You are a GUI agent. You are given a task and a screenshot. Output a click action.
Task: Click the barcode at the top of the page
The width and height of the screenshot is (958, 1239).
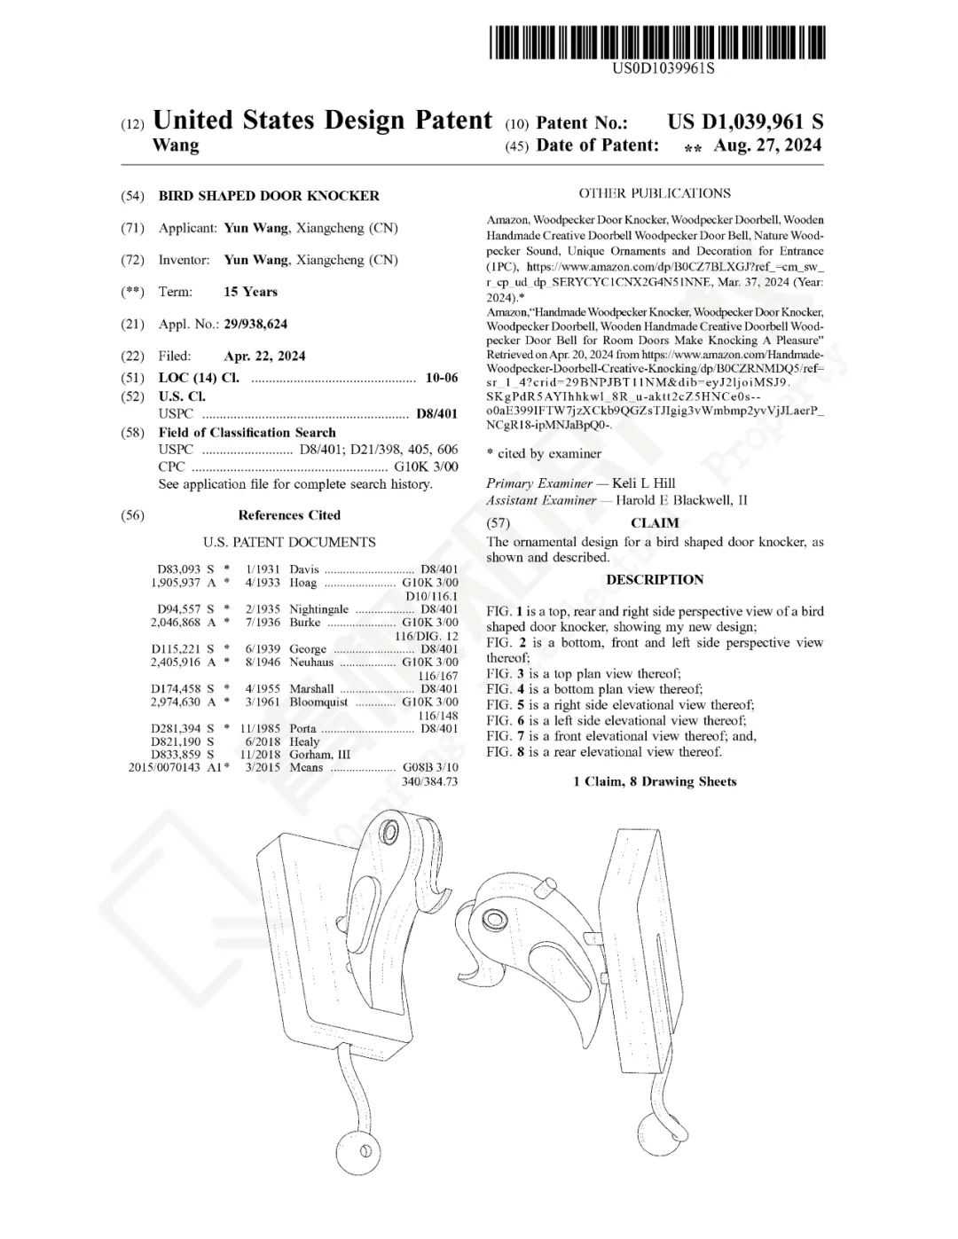[x=657, y=42]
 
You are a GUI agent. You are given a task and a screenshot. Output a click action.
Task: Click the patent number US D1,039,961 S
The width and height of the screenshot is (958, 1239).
[x=745, y=122]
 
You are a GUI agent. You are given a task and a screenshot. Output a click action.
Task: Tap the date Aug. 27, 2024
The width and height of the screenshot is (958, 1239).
[x=767, y=145]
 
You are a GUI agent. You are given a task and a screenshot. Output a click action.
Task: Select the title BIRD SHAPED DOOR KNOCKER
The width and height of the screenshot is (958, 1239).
[x=269, y=196]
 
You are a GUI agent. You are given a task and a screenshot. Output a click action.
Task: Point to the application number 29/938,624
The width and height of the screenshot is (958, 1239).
[x=255, y=324]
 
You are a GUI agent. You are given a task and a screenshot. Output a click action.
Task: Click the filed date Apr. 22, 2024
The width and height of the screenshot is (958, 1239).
[x=264, y=357]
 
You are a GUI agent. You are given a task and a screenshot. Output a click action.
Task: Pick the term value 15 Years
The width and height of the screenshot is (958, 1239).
[x=250, y=292]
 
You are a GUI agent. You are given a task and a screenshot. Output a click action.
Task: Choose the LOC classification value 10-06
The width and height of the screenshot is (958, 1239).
[x=442, y=378]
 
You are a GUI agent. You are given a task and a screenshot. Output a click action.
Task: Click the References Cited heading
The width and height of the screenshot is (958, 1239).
[x=289, y=515]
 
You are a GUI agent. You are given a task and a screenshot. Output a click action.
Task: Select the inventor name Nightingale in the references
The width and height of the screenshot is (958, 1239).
[x=318, y=609]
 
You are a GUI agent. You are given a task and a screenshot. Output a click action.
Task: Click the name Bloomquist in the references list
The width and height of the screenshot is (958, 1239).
[x=318, y=702]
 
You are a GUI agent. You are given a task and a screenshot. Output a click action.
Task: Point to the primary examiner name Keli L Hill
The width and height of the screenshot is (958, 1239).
[x=643, y=483]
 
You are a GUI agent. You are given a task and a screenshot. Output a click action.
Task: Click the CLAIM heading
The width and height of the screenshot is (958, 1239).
[x=655, y=523]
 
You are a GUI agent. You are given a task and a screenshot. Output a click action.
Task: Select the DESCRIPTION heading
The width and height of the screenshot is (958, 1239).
[x=655, y=580]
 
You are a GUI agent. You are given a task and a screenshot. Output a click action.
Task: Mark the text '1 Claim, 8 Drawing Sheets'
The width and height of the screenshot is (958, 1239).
[x=655, y=781]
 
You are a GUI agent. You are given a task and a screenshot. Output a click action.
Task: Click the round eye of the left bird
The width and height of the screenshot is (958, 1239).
[x=389, y=832]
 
